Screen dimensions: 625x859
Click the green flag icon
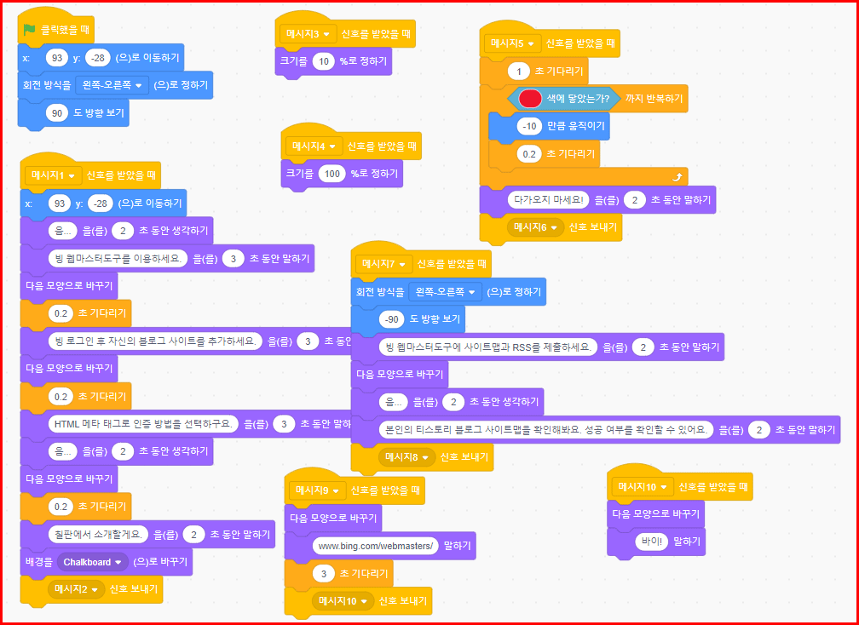point(30,30)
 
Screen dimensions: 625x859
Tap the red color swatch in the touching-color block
point(530,99)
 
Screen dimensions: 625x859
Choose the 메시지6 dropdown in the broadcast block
point(535,227)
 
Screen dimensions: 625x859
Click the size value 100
point(332,174)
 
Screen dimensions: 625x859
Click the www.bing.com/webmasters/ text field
point(375,545)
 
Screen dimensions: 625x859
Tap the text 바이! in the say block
point(652,541)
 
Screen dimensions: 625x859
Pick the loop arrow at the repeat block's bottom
point(677,177)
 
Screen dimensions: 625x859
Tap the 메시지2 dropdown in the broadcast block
point(76,588)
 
